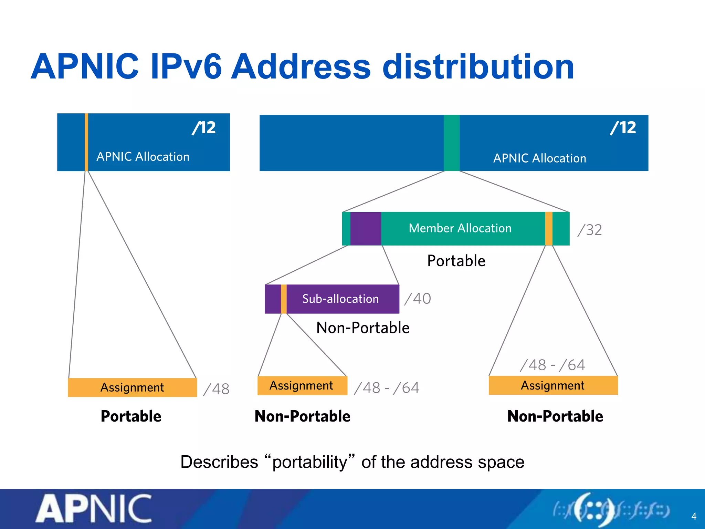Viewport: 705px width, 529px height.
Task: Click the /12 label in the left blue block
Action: [204, 128]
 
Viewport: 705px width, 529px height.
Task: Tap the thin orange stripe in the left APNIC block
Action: [86, 142]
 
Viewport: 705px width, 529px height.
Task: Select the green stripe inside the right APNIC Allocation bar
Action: [452, 143]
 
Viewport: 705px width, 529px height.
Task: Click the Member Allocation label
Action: [460, 228]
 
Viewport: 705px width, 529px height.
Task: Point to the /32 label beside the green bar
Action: [590, 230]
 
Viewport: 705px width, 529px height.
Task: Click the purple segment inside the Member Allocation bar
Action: [366, 229]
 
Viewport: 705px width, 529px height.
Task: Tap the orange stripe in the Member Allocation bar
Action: [549, 229]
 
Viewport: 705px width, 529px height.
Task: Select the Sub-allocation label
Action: [340, 299]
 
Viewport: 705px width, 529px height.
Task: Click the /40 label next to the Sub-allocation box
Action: [418, 299]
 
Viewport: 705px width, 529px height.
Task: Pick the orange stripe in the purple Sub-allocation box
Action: [284, 299]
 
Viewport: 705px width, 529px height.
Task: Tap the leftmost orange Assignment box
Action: [132, 387]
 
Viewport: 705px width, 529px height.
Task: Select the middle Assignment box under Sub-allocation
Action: [302, 385]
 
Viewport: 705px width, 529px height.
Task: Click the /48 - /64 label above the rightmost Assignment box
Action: [553, 365]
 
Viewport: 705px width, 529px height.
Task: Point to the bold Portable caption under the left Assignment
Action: [131, 416]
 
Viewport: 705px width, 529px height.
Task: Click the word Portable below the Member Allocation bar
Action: [456, 261]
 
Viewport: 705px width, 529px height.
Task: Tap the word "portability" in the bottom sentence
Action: [309, 462]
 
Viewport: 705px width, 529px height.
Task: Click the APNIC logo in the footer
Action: [94, 508]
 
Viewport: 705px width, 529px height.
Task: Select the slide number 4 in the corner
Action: [694, 516]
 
